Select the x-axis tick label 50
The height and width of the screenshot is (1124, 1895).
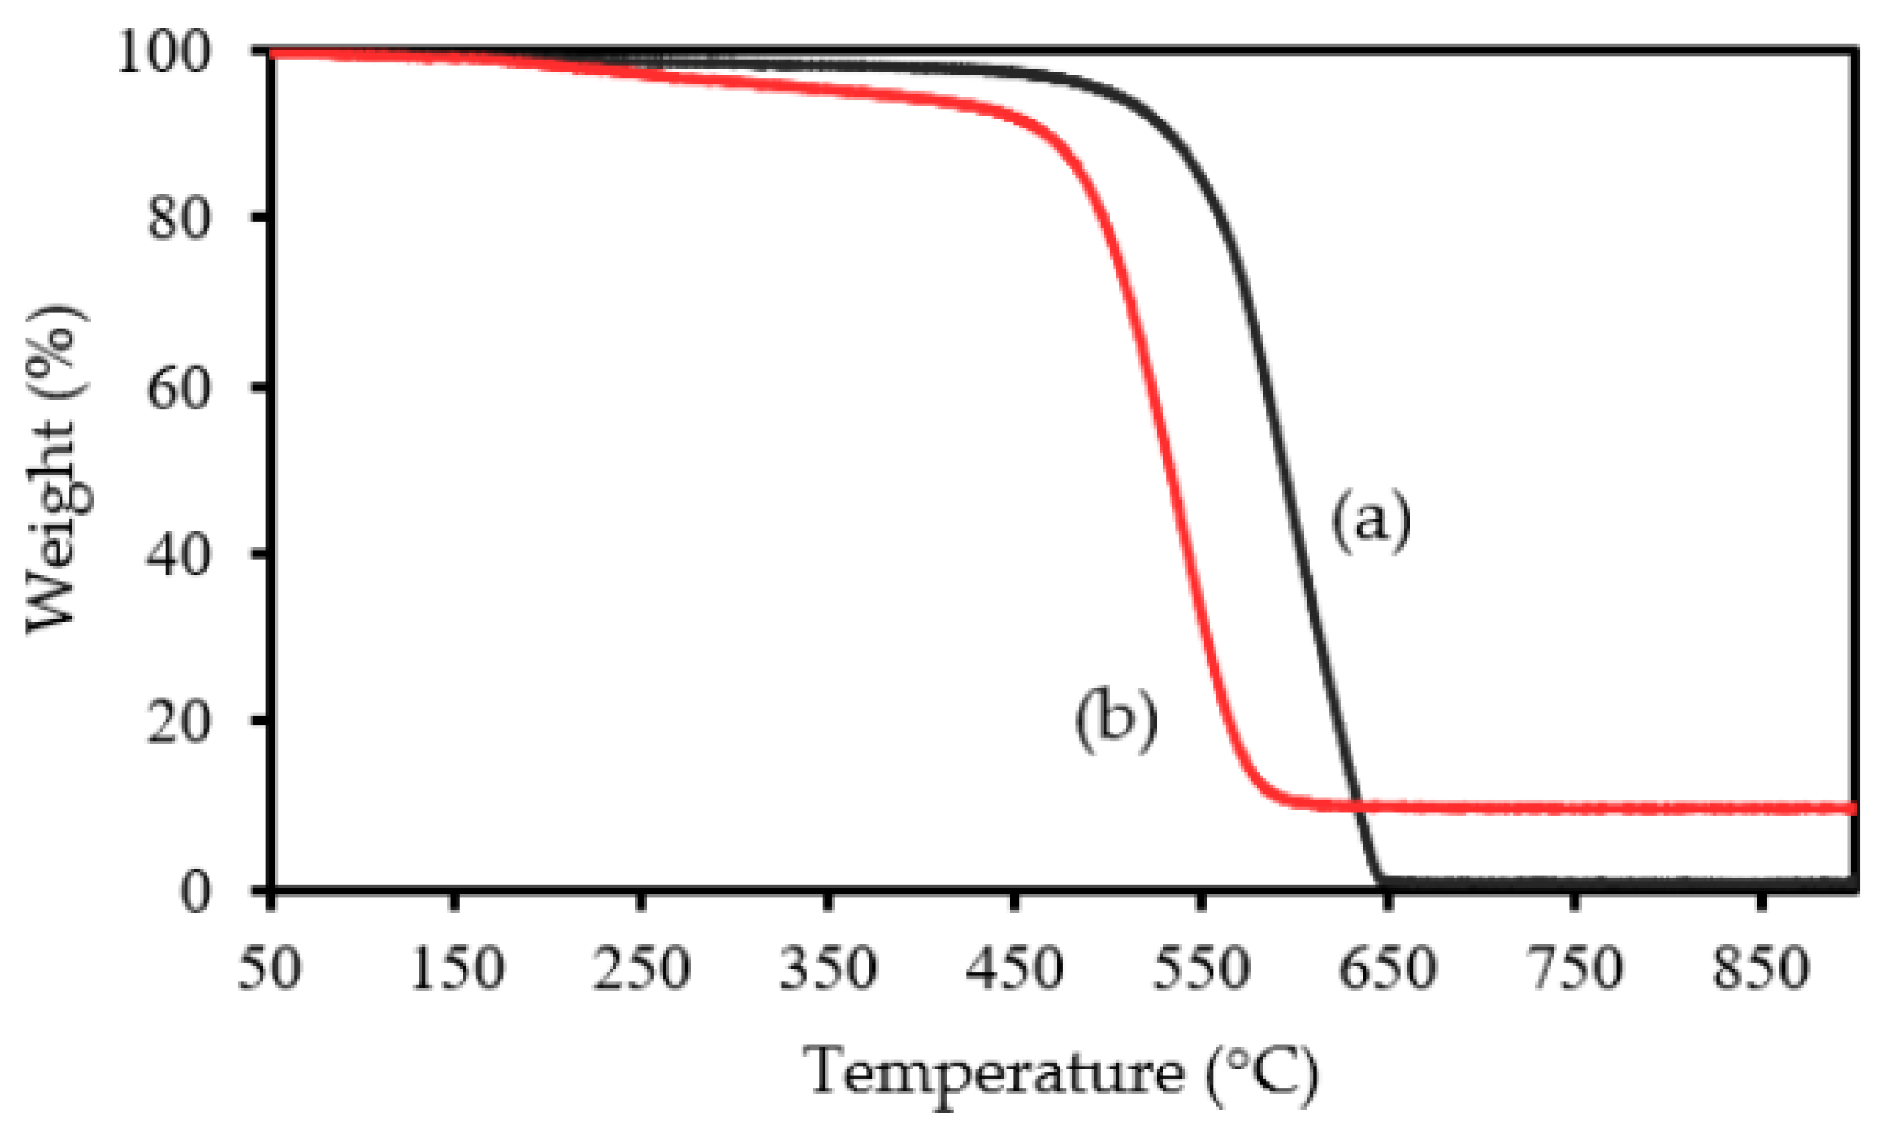point(270,968)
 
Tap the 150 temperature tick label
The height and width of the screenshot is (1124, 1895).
point(456,968)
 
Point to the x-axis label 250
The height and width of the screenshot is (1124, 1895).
point(642,968)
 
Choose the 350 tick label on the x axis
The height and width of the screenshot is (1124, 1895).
point(828,968)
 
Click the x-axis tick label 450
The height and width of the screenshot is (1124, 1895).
point(1015,968)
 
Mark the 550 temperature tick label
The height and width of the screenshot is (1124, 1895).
point(1201,968)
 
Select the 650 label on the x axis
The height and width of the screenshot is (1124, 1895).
point(1388,968)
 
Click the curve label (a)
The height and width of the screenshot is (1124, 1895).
point(1372,522)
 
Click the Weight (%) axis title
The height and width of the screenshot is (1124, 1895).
point(57,470)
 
